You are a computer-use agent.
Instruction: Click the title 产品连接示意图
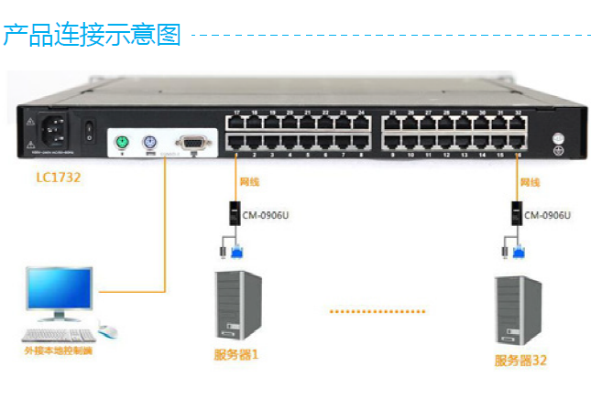click(92, 36)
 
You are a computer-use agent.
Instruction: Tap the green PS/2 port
click(121, 143)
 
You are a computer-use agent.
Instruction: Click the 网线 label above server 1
click(249, 184)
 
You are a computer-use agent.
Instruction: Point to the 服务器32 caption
click(520, 360)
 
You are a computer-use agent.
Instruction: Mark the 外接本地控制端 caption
click(58, 350)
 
